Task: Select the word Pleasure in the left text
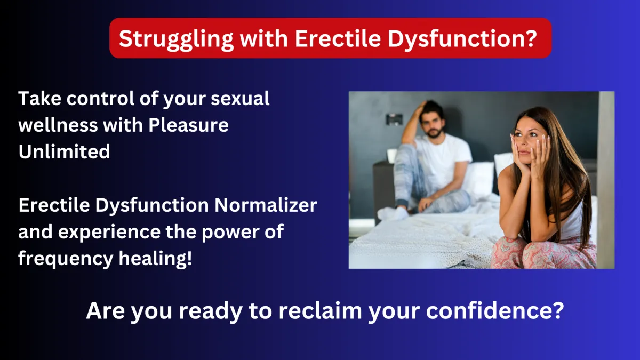[x=188, y=125]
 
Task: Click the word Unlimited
[x=64, y=151]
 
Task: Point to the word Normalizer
[x=266, y=205]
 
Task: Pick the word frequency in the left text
[x=66, y=259]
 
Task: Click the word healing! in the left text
[x=155, y=259]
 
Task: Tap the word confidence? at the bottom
[x=495, y=310]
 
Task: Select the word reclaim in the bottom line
[x=321, y=310]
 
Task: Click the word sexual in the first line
[x=240, y=99]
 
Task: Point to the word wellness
[x=58, y=126]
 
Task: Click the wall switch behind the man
[x=394, y=119]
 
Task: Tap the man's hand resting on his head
[x=422, y=107]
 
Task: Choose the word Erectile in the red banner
[x=338, y=39]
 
